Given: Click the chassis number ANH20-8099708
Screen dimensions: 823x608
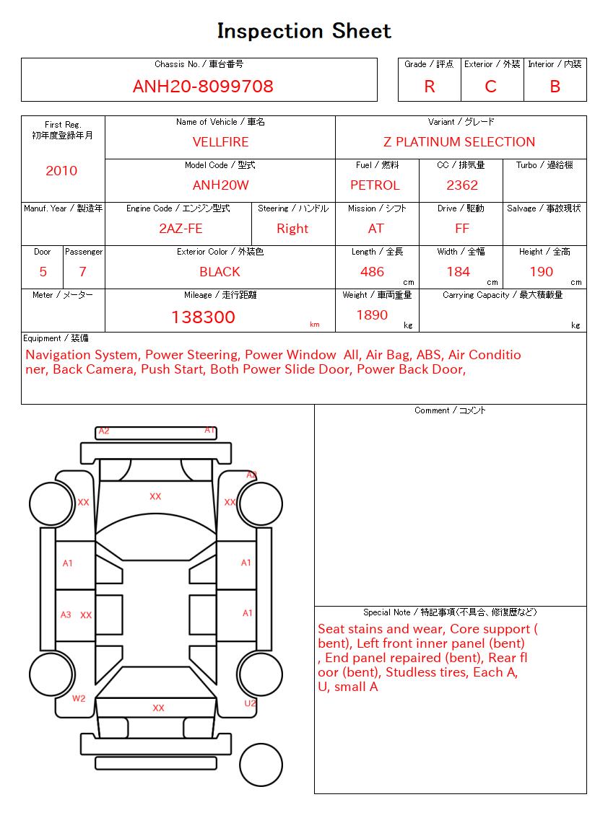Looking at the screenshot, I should point(203,87).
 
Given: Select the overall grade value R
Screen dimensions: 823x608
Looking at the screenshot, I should point(430,87).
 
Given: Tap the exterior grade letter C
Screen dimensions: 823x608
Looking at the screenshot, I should point(491,87).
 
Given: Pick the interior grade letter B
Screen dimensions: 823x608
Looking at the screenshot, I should point(555,87).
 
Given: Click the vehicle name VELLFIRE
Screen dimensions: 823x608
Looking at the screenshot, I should point(220,142).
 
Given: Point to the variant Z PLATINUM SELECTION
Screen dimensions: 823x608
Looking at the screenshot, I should point(459,142).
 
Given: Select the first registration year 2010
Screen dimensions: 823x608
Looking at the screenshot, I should point(61,171).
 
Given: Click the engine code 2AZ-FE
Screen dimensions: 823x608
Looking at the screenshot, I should point(181,229).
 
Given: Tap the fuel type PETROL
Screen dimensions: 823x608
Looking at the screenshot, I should point(375,185).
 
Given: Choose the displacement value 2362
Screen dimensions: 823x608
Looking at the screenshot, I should point(462,185).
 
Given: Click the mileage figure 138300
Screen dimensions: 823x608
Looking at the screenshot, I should point(203,317).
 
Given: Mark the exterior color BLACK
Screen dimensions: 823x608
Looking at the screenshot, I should point(220,272).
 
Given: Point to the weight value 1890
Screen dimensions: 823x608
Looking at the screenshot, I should point(372,315).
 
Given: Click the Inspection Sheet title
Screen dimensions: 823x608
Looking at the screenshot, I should point(304,31).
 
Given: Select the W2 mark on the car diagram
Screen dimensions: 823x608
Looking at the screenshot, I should point(79,698).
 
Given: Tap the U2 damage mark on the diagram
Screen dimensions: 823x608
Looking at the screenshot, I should point(250,703).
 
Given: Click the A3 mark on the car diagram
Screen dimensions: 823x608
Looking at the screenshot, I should point(66,615).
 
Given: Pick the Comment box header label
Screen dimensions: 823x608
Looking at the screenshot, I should point(450,410).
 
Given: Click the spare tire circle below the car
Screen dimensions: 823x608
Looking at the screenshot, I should point(261,764).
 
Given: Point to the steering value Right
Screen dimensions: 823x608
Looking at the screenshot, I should point(292,229).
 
